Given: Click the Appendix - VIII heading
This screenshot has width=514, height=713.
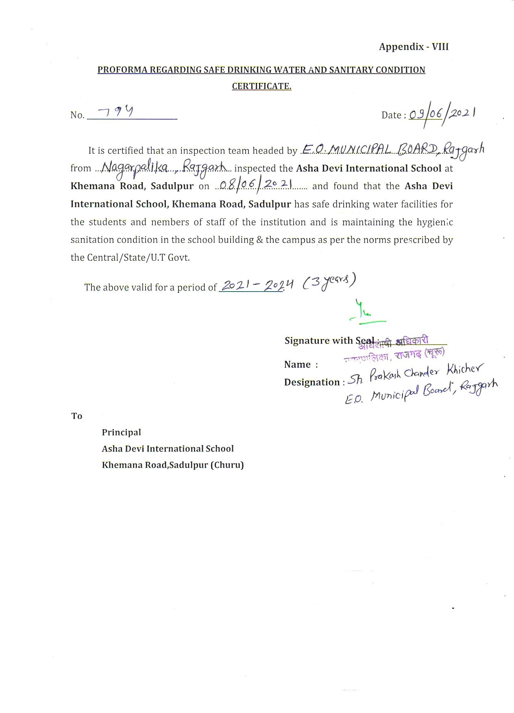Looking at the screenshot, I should point(414,47).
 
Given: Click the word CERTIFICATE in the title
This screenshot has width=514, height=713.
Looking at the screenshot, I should point(261,86).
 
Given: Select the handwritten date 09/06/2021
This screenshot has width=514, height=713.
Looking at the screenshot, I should point(442,114).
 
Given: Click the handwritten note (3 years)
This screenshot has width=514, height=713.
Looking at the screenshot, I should point(329,282).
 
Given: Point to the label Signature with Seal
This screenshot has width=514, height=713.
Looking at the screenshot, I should point(329,341).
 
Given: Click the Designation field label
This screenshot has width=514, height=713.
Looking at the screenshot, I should point(312,382).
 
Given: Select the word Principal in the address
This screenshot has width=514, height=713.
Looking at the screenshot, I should point(121,432).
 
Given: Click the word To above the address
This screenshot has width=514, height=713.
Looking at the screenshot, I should point(77,416).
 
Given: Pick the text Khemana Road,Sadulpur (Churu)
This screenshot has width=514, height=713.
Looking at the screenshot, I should point(173,465).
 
